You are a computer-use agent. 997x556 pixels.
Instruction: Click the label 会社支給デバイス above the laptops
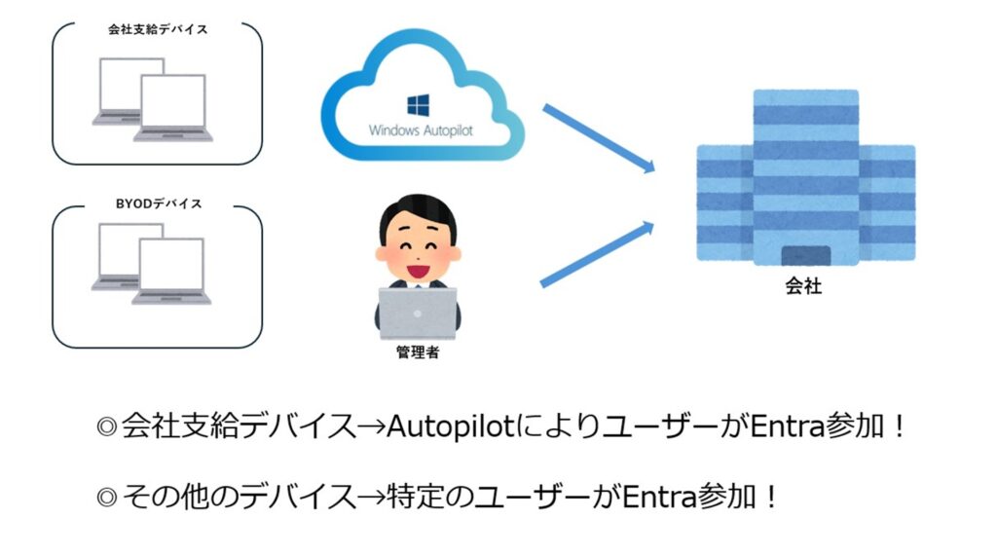158,29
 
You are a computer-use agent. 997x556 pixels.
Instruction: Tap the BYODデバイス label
158,204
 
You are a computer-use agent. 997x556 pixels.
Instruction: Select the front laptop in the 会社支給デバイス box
173,108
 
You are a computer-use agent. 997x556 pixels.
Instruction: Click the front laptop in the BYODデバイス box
173,273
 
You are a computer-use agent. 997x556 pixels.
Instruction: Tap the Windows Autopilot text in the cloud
421,130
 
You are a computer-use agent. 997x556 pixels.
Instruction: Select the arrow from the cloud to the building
596,137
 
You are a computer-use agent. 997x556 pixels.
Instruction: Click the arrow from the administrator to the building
596,254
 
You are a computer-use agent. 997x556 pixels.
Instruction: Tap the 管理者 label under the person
417,352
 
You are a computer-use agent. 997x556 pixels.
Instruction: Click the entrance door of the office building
804,256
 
